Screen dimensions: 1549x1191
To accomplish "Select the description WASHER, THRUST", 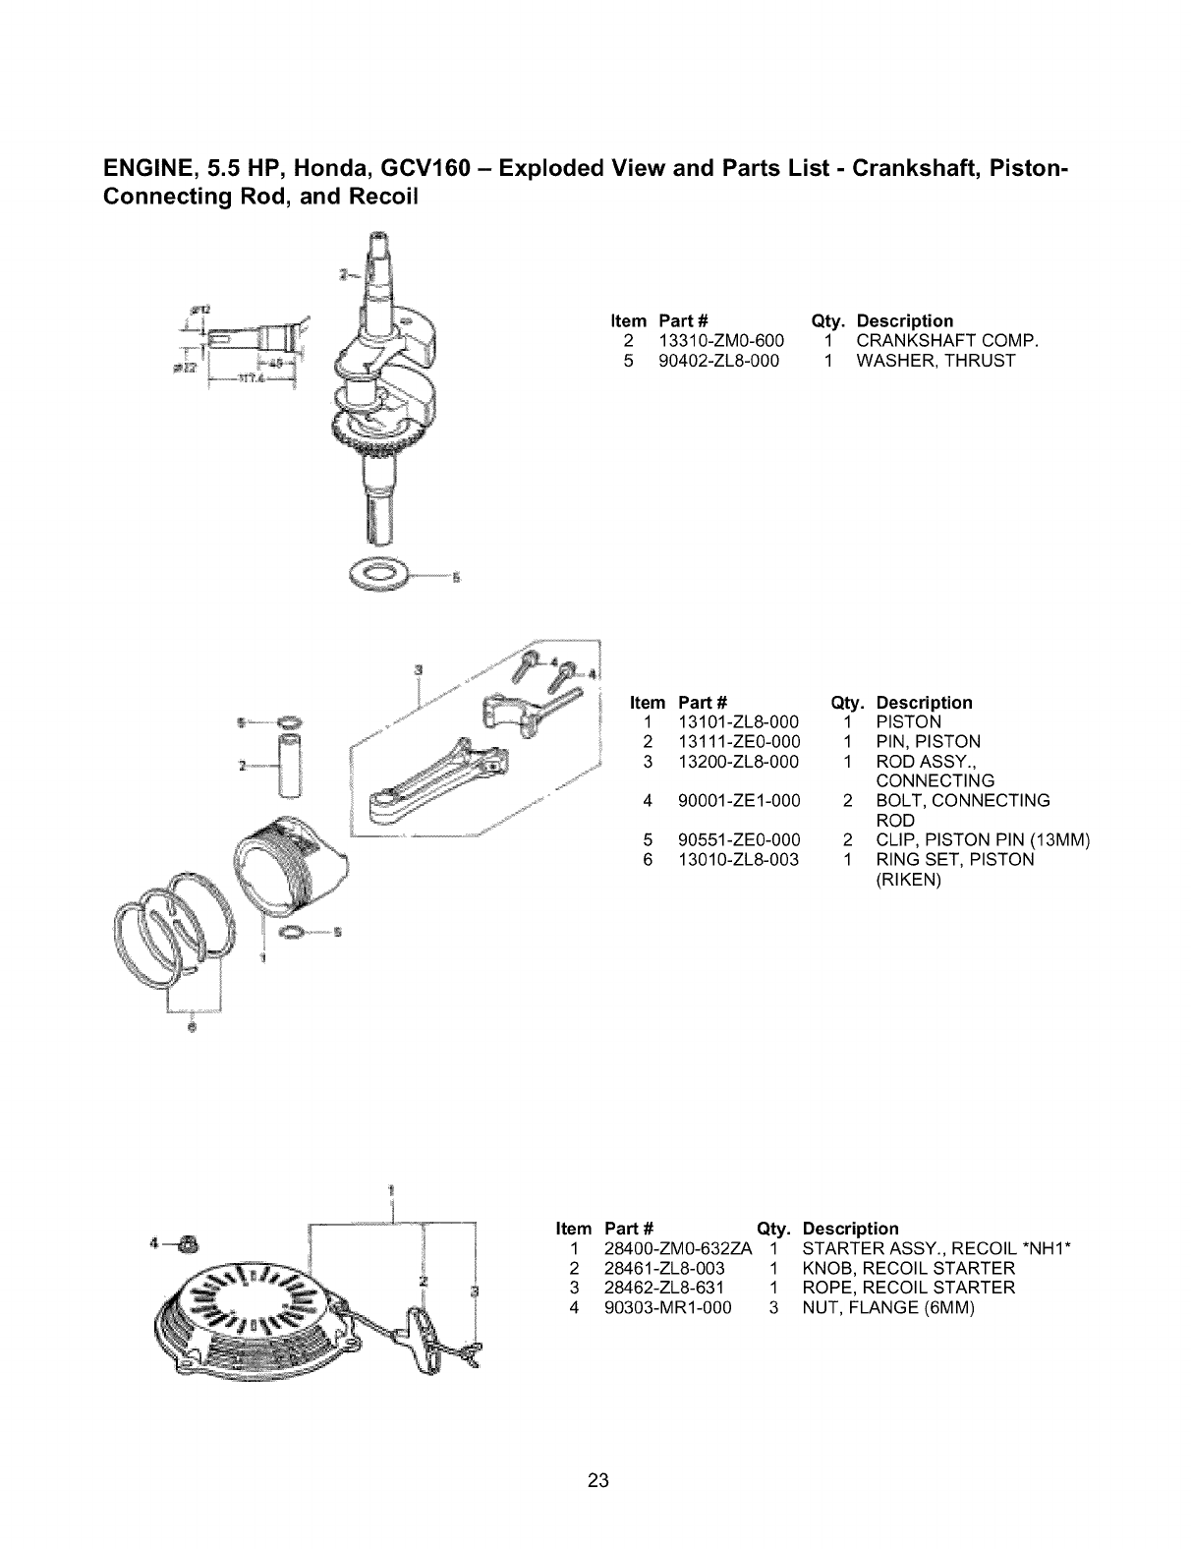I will point(936,361).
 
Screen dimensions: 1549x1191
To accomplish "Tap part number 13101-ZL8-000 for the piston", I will point(739,722).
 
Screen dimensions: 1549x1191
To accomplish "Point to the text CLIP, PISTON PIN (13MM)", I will point(984,840).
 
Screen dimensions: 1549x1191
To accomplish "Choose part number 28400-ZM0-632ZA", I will point(679,1248).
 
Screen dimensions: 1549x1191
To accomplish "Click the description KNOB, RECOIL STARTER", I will point(909,1268).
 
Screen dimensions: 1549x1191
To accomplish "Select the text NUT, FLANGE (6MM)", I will point(888,1307).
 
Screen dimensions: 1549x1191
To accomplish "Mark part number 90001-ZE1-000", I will point(739,801).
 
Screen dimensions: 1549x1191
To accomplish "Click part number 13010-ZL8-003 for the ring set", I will point(739,860).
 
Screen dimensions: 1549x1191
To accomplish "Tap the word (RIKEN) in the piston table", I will point(908,880).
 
